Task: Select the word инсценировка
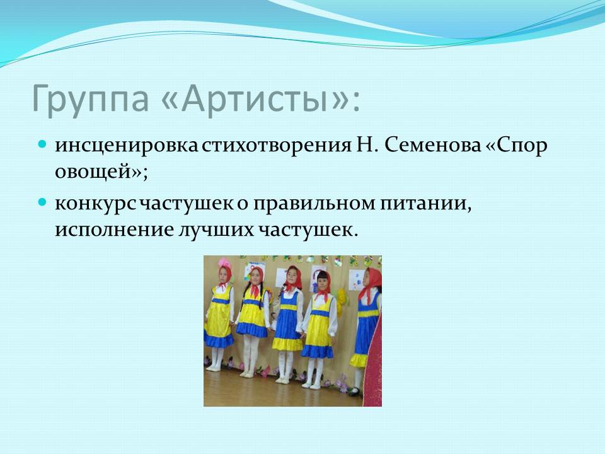[127, 146]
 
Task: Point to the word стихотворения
[275, 146]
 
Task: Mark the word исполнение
[114, 230]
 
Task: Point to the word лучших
[216, 230]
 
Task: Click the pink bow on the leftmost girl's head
[224, 264]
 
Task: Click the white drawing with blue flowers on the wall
[357, 279]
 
